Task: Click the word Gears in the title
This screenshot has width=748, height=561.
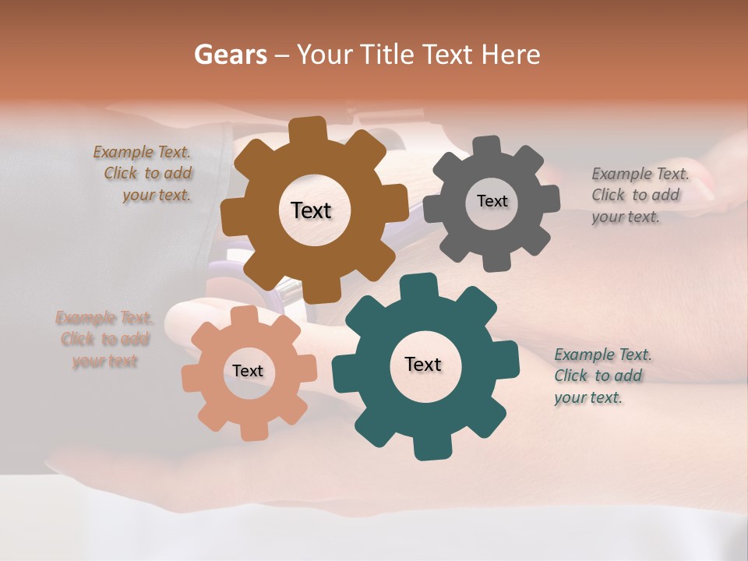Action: click(231, 55)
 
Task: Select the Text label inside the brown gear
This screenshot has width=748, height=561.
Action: click(311, 210)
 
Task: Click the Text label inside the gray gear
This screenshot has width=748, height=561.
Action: click(492, 201)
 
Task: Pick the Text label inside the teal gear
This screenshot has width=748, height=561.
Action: click(423, 365)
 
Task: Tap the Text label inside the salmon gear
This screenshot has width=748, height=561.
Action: click(248, 372)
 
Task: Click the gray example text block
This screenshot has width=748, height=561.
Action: click(638, 196)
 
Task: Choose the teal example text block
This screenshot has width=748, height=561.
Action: click(601, 376)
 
